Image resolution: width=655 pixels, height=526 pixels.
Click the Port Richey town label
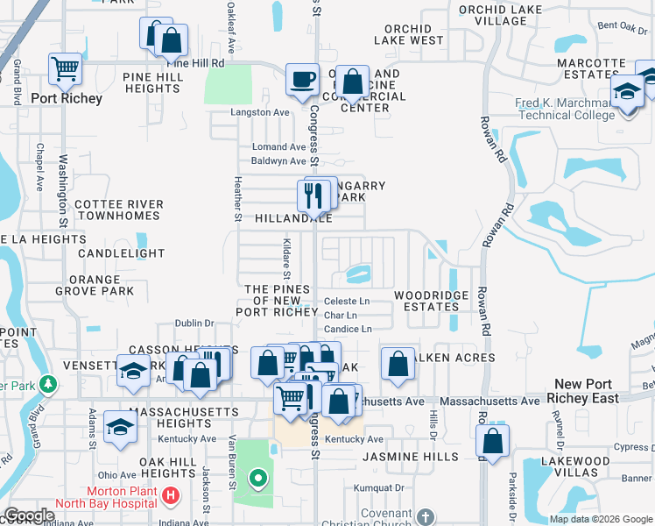[67, 98]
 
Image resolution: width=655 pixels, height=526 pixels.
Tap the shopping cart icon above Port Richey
[66, 68]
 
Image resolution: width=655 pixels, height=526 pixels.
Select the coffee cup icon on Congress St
[302, 79]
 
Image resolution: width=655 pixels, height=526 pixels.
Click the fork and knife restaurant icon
[313, 195]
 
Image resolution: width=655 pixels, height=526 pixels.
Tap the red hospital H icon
[172, 495]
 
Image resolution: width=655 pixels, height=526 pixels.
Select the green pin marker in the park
[257, 479]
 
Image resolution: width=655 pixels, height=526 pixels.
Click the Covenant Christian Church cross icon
[425, 516]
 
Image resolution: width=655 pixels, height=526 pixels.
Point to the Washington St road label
[64, 188]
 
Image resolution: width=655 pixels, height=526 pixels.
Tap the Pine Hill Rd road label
[195, 64]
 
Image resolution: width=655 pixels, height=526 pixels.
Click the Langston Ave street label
[259, 112]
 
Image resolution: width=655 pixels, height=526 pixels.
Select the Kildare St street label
[286, 255]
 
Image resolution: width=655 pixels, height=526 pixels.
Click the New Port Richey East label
[587, 391]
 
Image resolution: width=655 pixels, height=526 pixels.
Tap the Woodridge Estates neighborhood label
[431, 302]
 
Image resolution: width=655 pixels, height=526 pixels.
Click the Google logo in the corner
[30, 515]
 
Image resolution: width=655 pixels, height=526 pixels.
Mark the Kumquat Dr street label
[378, 487]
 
